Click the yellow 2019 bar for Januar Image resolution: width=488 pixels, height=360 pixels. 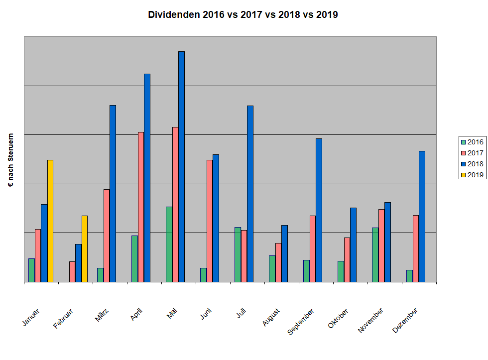click(50, 221)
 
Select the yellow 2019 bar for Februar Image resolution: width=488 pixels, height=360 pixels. click(85, 249)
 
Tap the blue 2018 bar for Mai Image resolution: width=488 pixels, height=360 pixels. click(182, 167)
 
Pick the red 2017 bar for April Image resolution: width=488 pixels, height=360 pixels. click(141, 207)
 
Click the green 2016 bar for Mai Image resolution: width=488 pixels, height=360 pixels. click(169, 244)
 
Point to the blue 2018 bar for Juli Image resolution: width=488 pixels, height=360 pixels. click(250, 194)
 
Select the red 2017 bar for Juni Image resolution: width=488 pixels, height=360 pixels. click(210, 221)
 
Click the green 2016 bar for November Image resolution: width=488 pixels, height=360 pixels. click(375, 255)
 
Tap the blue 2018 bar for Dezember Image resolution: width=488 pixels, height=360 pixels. click(422, 217)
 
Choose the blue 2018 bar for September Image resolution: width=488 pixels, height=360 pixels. click(319, 210)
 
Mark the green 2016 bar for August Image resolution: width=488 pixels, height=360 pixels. click(272, 269)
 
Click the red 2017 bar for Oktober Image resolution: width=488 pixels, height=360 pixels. click(347, 260)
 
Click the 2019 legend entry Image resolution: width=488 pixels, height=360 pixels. click(472, 174)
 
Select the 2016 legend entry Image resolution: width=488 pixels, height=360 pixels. click(472, 142)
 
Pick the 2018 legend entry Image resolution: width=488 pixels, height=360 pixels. click(472, 163)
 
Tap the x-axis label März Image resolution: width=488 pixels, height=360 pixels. click(101, 315)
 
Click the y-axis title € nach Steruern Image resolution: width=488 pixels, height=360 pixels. click(11, 160)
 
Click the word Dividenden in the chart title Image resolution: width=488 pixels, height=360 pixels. click(174, 14)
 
